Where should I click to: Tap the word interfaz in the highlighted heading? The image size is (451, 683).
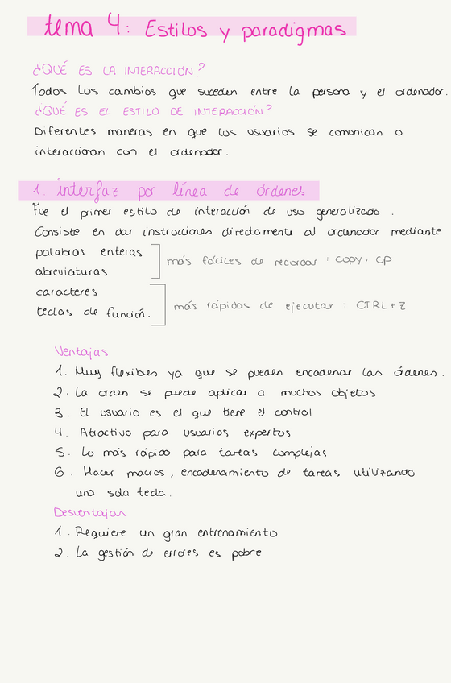click(92, 191)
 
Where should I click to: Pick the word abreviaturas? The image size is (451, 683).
click(72, 271)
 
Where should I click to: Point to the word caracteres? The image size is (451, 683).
click(67, 292)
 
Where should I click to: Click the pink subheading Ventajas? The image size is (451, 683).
click(81, 351)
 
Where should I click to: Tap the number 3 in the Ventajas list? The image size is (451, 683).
click(59, 412)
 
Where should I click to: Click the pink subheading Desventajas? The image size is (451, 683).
click(89, 512)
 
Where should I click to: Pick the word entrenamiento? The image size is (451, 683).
click(237, 532)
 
